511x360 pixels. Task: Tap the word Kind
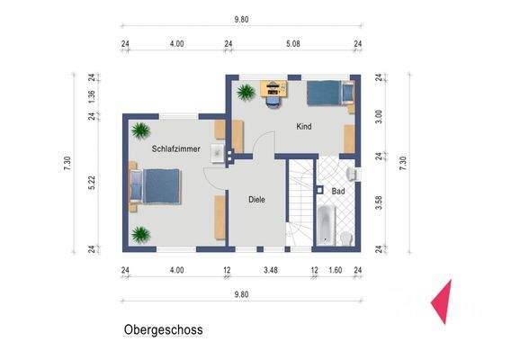(304, 127)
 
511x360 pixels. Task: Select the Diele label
(257, 199)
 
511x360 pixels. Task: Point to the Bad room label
(338, 192)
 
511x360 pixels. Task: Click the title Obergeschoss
(163, 329)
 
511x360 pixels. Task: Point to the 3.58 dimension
(379, 202)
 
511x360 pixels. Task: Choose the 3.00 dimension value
(379, 115)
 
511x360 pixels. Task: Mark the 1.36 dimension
(92, 96)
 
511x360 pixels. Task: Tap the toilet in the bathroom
(346, 237)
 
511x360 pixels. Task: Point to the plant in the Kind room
(245, 91)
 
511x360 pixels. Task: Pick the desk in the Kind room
(273, 87)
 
